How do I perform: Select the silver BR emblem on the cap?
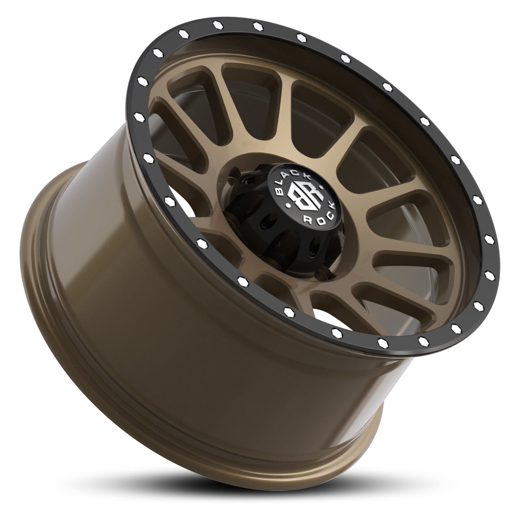point(303,199)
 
